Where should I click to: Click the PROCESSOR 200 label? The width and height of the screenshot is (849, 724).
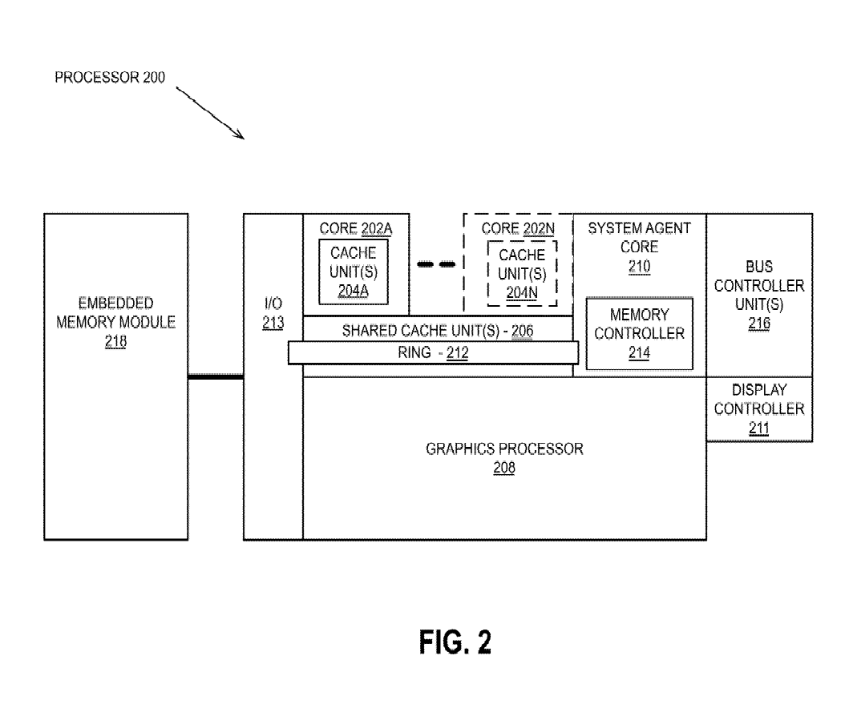pos(110,80)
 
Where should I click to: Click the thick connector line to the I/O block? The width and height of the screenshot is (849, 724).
pos(216,376)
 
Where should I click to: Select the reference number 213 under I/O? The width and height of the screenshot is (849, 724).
pos(273,323)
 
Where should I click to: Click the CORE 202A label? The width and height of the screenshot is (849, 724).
pos(355,228)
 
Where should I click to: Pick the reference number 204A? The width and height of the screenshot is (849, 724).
pos(353,291)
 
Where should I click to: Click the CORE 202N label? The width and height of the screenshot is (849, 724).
pos(519,228)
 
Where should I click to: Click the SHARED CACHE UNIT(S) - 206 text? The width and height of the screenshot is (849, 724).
pos(438,330)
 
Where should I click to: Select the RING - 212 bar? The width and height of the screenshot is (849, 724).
pos(433,352)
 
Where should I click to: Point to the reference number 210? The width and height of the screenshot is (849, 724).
pos(639,267)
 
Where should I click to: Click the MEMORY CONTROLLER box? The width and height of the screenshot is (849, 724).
pos(639,333)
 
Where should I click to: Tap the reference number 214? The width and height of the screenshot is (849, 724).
pos(639,352)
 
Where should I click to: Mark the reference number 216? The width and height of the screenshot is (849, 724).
pos(758,324)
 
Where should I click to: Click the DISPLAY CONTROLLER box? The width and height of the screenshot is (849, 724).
pos(758,409)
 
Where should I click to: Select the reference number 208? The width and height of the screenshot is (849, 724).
pos(504,468)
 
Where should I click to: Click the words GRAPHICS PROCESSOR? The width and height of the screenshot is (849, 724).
pos(504,448)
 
